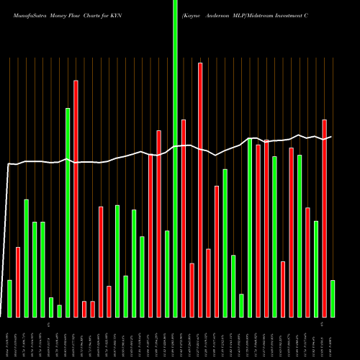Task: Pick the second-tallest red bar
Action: [x=76, y=198]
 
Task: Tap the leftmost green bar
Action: [x=9, y=298]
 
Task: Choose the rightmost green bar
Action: [x=333, y=298]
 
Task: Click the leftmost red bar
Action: [x=18, y=282]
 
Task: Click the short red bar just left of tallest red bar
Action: [x=192, y=289]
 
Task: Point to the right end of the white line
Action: [x=331, y=137]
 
